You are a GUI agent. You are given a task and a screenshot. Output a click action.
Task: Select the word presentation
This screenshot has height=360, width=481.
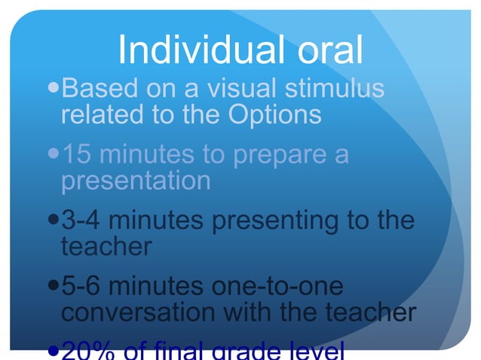coord(136,182)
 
